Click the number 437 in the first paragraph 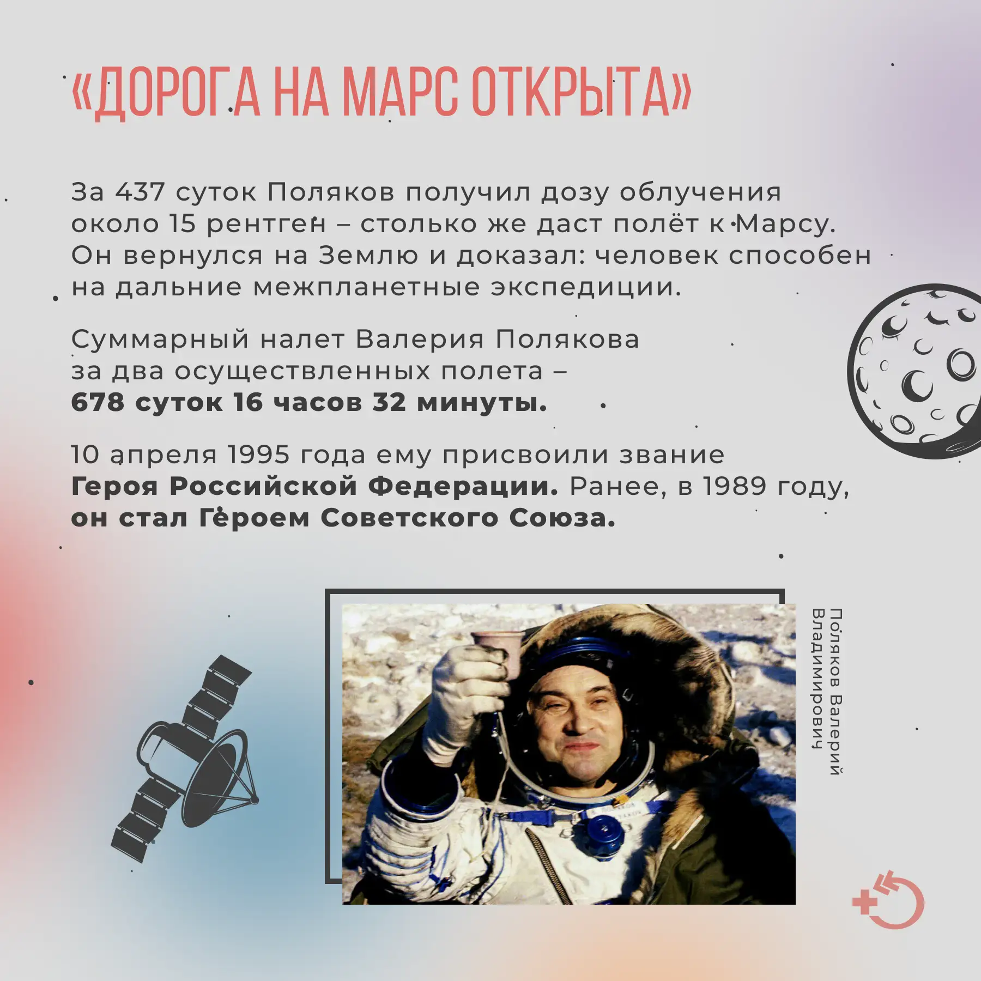140,192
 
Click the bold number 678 98,402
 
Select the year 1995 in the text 258,455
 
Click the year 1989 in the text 735,486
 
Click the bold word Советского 409,518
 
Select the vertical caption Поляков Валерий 835,692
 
